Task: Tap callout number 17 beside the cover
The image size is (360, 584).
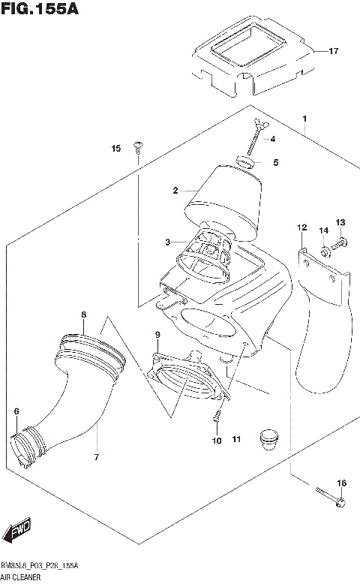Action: click(333, 51)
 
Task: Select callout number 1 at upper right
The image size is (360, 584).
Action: click(305, 119)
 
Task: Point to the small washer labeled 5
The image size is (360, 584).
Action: click(245, 161)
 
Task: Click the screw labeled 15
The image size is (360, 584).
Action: click(137, 148)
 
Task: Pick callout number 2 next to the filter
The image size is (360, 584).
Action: click(175, 191)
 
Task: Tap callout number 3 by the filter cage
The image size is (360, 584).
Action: click(169, 241)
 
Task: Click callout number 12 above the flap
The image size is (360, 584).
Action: click(301, 227)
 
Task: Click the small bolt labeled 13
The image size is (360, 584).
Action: click(340, 242)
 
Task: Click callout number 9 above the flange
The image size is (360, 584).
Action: click(157, 334)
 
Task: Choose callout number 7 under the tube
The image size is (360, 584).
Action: click(96, 456)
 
